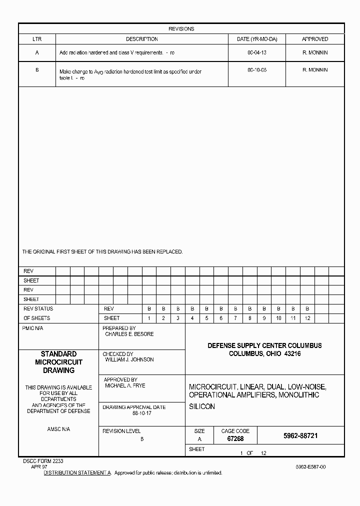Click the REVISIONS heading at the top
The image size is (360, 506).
pos(181,29)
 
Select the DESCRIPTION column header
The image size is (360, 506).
pos(141,39)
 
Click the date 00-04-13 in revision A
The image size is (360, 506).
pos(257,52)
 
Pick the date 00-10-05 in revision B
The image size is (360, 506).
pos(257,70)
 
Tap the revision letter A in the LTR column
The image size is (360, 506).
pos(37,52)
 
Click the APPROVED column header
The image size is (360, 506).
pos(315,39)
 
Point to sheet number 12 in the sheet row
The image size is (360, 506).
pos(307,318)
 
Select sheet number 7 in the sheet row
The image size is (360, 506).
pos(235,318)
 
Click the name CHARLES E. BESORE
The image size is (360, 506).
pos(129,334)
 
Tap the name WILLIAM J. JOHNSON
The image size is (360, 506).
pos(129,359)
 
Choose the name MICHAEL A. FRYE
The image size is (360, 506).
pos(125,386)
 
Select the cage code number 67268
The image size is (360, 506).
pos(235,439)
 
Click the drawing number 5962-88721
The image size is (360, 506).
pos(300,436)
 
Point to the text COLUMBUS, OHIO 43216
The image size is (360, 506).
pos(264,354)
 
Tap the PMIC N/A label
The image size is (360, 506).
pos(33,328)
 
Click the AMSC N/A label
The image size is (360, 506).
pos(58,429)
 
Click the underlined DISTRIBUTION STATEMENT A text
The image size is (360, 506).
pos(77,472)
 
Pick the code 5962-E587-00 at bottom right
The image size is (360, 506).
pos(310,466)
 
